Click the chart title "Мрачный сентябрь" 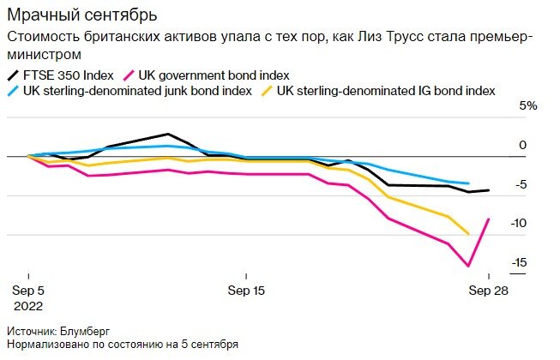81,15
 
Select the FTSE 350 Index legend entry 60,75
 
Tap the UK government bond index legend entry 206,75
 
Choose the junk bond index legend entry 130,91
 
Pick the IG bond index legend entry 378,91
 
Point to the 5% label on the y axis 528,105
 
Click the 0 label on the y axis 523,145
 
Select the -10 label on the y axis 519,223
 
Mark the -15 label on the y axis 519,262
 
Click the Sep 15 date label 246,291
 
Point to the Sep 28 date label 488,291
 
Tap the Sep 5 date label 28,291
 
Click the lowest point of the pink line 468,266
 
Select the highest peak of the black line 168,135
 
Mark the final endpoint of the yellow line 468,234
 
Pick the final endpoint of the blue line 468,183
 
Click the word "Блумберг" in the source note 85,332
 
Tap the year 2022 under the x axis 28,306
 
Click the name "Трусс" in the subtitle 406,37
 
